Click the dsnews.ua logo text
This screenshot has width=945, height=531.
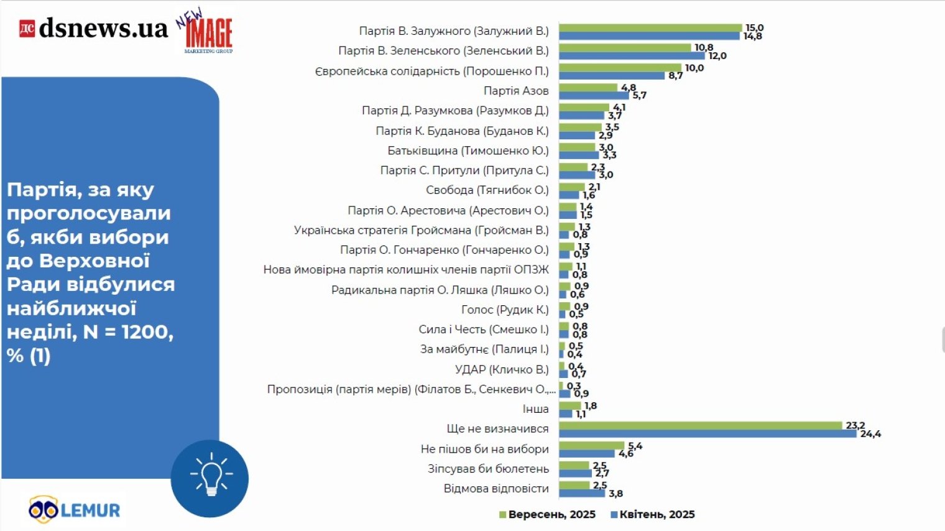tap(103, 29)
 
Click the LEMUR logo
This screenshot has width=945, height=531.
tap(75, 510)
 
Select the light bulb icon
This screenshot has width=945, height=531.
tap(210, 478)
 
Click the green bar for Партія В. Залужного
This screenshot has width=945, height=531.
tap(650, 28)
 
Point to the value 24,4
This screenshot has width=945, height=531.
tap(870, 434)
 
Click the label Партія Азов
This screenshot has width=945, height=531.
tap(516, 91)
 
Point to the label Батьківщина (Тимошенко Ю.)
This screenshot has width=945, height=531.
tap(468, 150)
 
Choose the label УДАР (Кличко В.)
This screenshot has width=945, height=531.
tap(502, 369)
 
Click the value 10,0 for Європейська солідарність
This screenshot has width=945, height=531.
tap(694, 68)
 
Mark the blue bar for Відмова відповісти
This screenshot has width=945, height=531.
tap(582, 493)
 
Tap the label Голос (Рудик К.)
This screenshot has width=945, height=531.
tap(505, 310)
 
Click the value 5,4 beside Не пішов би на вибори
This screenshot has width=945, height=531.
tap(635, 446)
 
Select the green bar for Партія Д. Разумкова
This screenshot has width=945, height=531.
tap(584, 108)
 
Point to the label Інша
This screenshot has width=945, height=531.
tap(535, 409)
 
